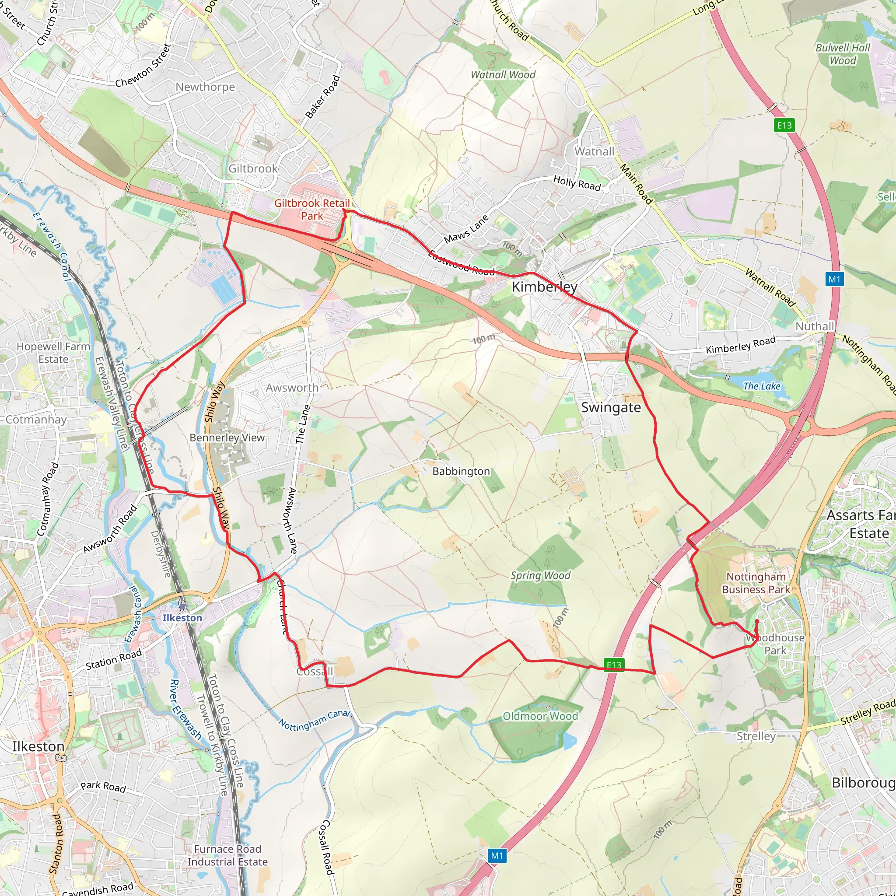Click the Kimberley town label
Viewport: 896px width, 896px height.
(x=544, y=287)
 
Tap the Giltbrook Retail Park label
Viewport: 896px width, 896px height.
(x=311, y=210)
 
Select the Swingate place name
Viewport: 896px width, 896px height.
(x=611, y=407)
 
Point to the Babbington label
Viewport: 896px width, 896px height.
(x=461, y=471)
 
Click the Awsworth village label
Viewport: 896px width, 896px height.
(x=292, y=388)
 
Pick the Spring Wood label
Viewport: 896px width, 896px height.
(x=540, y=576)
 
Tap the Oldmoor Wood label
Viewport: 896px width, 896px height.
(x=540, y=716)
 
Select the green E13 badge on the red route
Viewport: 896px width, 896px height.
(x=613, y=665)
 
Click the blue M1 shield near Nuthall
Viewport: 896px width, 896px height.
(x=834, y=279)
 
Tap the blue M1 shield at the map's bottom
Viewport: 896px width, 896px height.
(x=497, y=856)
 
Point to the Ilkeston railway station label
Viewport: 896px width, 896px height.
(x=182, y=618)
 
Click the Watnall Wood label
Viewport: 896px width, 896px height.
(x=503, y=75)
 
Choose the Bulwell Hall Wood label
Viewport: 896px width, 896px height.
(x=843, y=54)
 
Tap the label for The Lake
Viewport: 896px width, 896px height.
(x=762, y=386)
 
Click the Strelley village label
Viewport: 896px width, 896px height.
(x=756, y=736)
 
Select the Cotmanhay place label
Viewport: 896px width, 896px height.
(x=36, y=420)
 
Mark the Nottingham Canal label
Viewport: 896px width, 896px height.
(x=315, y=720)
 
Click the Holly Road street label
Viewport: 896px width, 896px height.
(x=577, y=184)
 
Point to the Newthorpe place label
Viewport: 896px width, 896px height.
(x=205, y=87)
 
